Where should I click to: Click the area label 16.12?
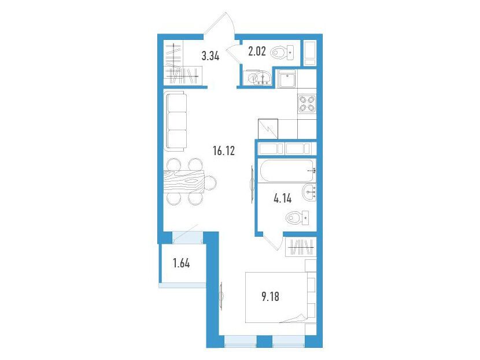[x=224, y=150]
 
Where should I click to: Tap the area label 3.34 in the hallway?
[x=211, y=56]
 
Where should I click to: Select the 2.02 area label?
[x=257, y=51]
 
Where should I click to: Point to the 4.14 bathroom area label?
[x=283, y=199]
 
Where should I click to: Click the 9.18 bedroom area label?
[x=270, y=296]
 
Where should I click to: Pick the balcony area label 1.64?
[x=181, y=263]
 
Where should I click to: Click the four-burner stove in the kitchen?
[x=307, y=104]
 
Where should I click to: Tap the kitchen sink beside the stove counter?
[x=287, y=79]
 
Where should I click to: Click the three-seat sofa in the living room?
[x=175, y=121]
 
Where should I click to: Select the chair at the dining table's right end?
[x=210, y=182]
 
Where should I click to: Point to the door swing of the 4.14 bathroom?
[x=274, y=241]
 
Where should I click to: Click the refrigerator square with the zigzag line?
[x=268, y=128]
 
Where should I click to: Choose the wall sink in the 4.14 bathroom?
[x=309, y=192]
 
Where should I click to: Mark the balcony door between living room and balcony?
[x=187, y=236]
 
